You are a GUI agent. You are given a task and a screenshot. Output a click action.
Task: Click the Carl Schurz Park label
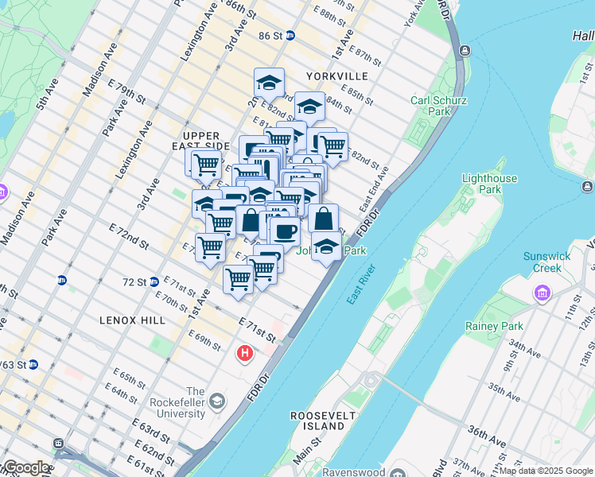coord(438,106)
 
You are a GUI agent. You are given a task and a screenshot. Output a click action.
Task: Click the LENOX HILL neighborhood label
coord(132,320)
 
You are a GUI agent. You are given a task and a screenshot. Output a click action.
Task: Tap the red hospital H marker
coord(245,352)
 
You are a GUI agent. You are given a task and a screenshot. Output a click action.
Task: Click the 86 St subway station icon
coord(290,36)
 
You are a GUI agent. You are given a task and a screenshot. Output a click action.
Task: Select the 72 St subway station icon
coord(154,281)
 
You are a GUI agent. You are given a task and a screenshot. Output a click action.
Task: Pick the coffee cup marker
coord(285,231)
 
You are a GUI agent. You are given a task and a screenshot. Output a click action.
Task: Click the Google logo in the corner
coord(26,468)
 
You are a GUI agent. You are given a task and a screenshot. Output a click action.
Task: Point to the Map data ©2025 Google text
coord(546,471)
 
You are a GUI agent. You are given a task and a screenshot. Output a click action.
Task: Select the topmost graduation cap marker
coord(270,82)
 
